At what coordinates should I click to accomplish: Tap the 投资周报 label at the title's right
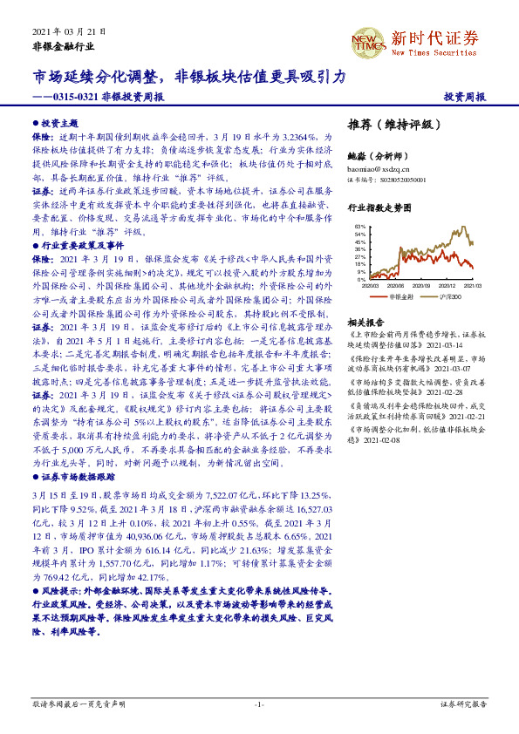click(466, 97)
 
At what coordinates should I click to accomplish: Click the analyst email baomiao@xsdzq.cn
click(378, 167)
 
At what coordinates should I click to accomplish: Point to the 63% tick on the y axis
click(359, 228)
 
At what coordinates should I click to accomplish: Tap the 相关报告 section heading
click(365, 322)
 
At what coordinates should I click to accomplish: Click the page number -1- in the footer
click(259, 704)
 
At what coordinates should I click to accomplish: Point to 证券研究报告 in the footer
click(463, 704)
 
